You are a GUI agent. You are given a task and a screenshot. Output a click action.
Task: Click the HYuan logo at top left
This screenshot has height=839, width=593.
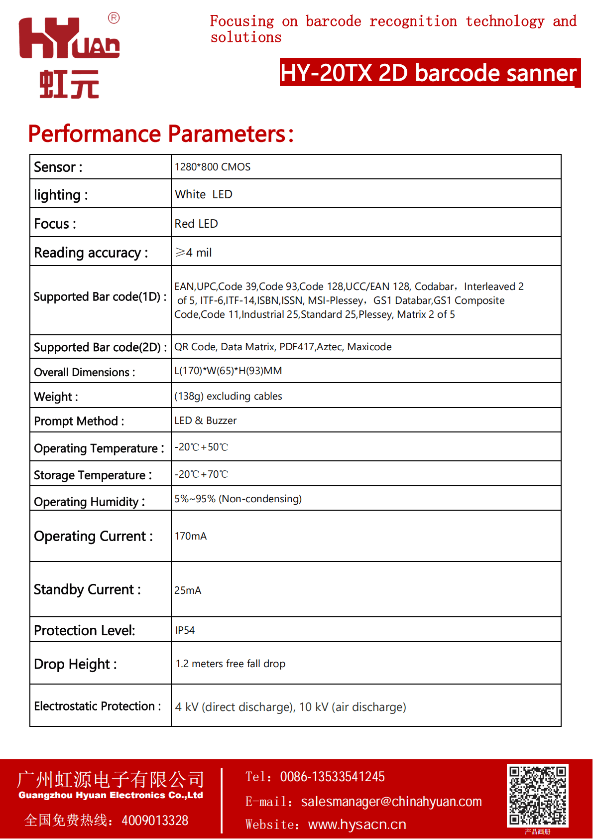(69, 56)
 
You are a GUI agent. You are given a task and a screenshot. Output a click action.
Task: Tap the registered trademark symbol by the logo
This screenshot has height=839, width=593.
(114, 18)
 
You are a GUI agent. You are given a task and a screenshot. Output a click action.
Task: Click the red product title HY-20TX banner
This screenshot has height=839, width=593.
(429, 73)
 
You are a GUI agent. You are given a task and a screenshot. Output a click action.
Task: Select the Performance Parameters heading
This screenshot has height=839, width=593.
(161, 134)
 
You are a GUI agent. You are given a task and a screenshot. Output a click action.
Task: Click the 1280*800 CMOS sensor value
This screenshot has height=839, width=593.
(213, 167)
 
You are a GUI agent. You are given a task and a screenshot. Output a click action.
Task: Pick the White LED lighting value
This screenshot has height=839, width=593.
(204, 194)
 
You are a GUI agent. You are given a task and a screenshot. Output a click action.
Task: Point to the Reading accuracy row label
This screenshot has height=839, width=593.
(91, 253)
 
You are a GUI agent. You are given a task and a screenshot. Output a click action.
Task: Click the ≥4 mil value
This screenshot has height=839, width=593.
(194, 253)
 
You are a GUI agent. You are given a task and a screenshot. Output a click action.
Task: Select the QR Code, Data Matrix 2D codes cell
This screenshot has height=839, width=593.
(283, 347)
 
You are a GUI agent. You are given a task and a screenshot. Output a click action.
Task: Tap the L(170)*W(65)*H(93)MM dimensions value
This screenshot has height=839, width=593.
(228, 371)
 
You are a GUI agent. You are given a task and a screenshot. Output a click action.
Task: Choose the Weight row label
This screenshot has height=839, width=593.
(56, 397)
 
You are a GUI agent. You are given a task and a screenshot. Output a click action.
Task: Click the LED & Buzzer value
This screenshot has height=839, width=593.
(206, 420)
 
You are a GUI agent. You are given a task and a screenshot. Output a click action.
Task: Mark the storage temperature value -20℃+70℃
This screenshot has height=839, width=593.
(201, 474)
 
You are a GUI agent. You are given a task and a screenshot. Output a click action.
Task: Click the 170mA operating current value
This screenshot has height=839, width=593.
(191, 536)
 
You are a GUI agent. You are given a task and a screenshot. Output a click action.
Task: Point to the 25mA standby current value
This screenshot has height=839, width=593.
(188, 590)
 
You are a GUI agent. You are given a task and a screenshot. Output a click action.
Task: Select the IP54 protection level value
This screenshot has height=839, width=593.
(185, 630)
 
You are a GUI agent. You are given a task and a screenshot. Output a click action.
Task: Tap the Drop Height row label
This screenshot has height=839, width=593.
(75, 664)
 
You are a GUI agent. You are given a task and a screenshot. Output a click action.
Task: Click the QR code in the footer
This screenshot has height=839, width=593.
(537, 795)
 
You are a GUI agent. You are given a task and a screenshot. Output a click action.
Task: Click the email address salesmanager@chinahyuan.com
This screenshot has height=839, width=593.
(391, 802)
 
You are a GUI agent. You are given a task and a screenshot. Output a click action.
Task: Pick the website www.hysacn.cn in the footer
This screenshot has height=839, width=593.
(357, 825)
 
